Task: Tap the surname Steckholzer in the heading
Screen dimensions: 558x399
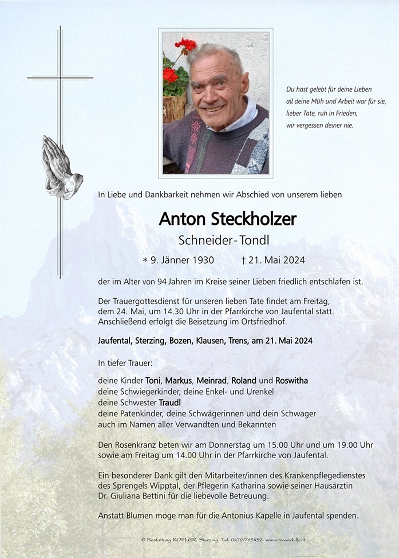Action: (254, 219)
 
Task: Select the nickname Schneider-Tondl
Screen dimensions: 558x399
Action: (224, 240)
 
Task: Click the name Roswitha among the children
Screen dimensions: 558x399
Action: (291, 381)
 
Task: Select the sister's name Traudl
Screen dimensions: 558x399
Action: (169, 403)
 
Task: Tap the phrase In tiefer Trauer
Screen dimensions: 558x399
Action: (125, 363)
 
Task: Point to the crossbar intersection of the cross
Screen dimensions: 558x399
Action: (60, 77)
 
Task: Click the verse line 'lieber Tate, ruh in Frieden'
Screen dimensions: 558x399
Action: (321, 114)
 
